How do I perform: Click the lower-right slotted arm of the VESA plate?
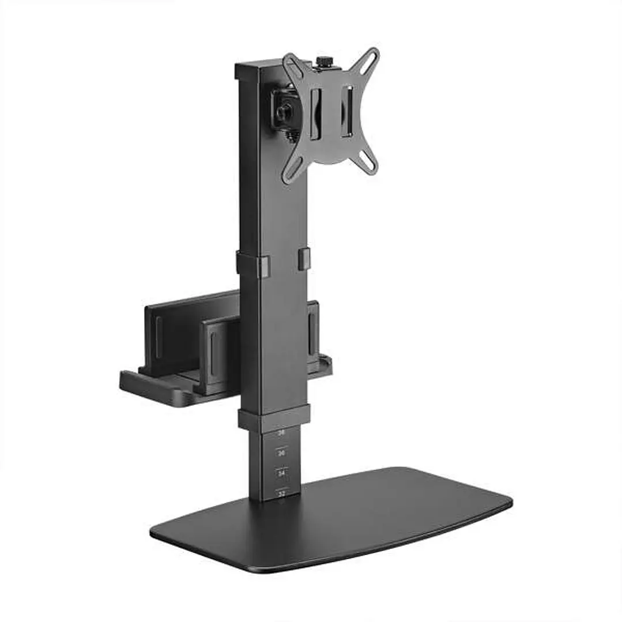[368, 159]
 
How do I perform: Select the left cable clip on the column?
[263, 266]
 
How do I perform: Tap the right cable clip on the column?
[304, 258]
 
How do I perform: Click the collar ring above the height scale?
[274, 418]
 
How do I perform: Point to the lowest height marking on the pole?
[281, 493]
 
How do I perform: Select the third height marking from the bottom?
[281, 453]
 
